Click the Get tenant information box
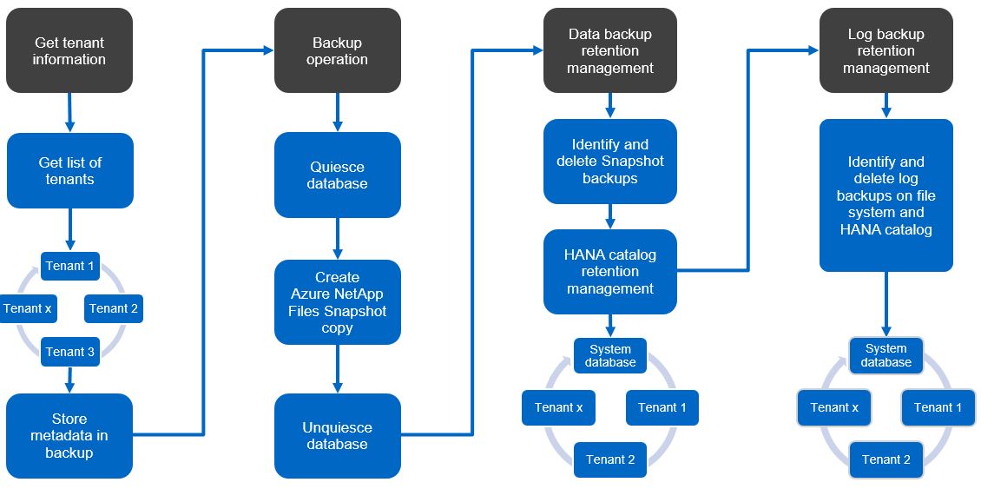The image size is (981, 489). pos(69,50)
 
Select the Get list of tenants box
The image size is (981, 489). pos(70,170)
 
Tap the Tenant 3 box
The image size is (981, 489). pos(70,352)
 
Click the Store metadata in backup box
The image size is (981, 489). pos(69,436)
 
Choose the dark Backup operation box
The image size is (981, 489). pos(337,50)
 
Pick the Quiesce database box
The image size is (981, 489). pos(337,175)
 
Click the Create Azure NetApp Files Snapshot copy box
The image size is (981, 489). pos(337,302)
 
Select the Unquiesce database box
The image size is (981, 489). pos(337,436)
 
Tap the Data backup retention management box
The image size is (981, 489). pos(609,50)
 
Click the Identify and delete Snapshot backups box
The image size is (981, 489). pos(609,162)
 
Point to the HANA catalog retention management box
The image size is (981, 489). pos(609,271)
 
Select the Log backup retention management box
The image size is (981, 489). pos(886,50)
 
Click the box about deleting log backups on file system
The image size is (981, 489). pos(886,195)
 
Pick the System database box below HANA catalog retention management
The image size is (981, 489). pos(609,355)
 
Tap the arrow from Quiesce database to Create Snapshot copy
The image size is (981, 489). pos(338,239)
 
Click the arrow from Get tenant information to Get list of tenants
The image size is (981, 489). pos(69,113)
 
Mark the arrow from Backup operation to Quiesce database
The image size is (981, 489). pos(338,112)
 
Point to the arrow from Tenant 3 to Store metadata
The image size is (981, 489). pos(70,380)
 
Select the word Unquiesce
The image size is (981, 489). pos(337,427)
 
